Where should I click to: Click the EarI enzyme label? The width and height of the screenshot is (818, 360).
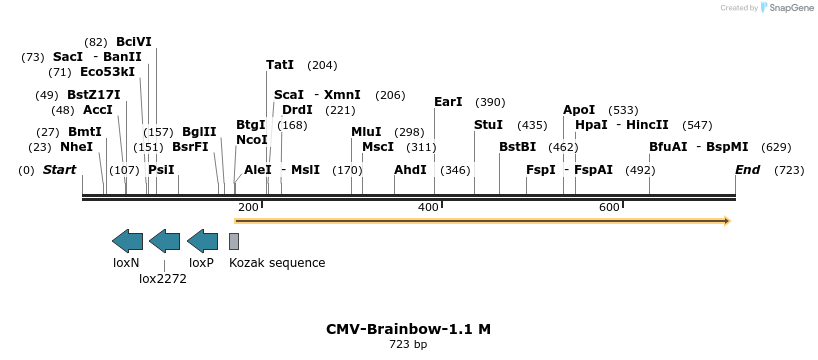448,102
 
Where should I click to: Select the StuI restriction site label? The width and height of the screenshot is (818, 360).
488,125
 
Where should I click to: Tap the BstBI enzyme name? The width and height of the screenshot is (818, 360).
517,147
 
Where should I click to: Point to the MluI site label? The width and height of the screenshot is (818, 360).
366,132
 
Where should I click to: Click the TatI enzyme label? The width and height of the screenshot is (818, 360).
280,65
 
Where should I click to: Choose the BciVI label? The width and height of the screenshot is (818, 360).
133,42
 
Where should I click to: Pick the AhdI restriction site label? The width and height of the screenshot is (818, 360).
410,170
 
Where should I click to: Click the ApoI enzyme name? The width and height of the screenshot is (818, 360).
579,110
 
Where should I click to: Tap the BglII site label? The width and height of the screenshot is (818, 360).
199,132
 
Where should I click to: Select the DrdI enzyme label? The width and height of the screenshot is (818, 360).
297,110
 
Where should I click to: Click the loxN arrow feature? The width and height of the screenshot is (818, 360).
127,240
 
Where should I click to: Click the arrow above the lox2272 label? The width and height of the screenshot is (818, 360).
164,240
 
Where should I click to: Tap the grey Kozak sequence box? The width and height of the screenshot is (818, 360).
234,241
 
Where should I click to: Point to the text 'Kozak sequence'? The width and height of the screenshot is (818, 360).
277,263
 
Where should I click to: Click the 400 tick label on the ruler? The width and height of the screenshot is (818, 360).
428,207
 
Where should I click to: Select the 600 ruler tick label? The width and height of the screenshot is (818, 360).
609,207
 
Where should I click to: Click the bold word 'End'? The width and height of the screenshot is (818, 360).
747,170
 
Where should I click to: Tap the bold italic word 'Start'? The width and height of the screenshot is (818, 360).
59,170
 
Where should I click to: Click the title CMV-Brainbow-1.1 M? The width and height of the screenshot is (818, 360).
408,329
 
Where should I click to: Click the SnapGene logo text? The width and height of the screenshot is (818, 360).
789,8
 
